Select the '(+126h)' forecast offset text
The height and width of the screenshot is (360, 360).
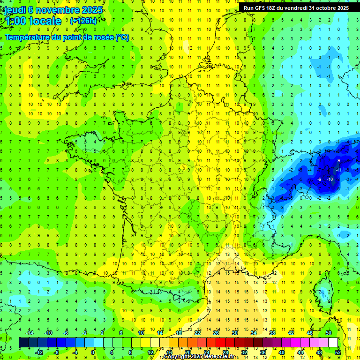coord(83,21)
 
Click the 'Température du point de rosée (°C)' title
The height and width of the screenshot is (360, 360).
coord(67,37)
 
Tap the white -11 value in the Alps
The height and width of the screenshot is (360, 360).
coord(338,169)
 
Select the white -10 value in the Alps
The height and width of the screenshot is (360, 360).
coord(330,179)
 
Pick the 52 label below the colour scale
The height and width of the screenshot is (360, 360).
coord(338,352)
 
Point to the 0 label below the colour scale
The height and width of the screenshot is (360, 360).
coord(93,352)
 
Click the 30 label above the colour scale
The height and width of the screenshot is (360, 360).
coord(235,333)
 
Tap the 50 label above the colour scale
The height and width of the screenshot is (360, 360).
coord(329,333)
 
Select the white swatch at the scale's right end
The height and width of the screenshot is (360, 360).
coord(333,343)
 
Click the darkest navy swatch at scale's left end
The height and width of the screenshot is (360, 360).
coord(23,343)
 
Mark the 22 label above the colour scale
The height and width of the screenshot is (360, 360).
coord(197,333)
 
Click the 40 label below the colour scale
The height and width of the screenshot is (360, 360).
coord(282,352)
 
